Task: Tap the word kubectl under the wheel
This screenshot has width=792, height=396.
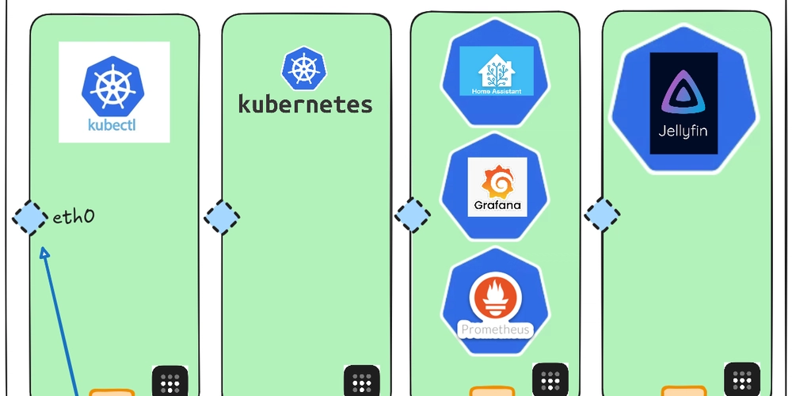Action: click(x=114, y=124)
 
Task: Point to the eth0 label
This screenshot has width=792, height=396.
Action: click(x=74, y=217)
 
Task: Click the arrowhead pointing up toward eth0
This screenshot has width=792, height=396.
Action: click(x=44, y=253)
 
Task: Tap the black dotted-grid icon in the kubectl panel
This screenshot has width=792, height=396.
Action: click(x=169, y=382)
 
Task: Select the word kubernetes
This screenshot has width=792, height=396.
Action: click(x=305, y=105)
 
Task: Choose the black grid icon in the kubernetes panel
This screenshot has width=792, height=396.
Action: click(x=361, y=382)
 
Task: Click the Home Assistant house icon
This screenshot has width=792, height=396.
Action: click(x=497, y=70)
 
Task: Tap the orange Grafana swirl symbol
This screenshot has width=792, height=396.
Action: click(x=497, y=185)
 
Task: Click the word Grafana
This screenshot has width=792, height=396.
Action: click(x=497, y=205)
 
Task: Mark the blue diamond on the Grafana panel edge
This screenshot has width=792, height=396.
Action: click(x=413, y=215)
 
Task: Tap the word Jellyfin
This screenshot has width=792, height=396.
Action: click(x=683, y=131)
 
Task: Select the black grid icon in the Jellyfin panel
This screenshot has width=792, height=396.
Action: click(x=742, y=380)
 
